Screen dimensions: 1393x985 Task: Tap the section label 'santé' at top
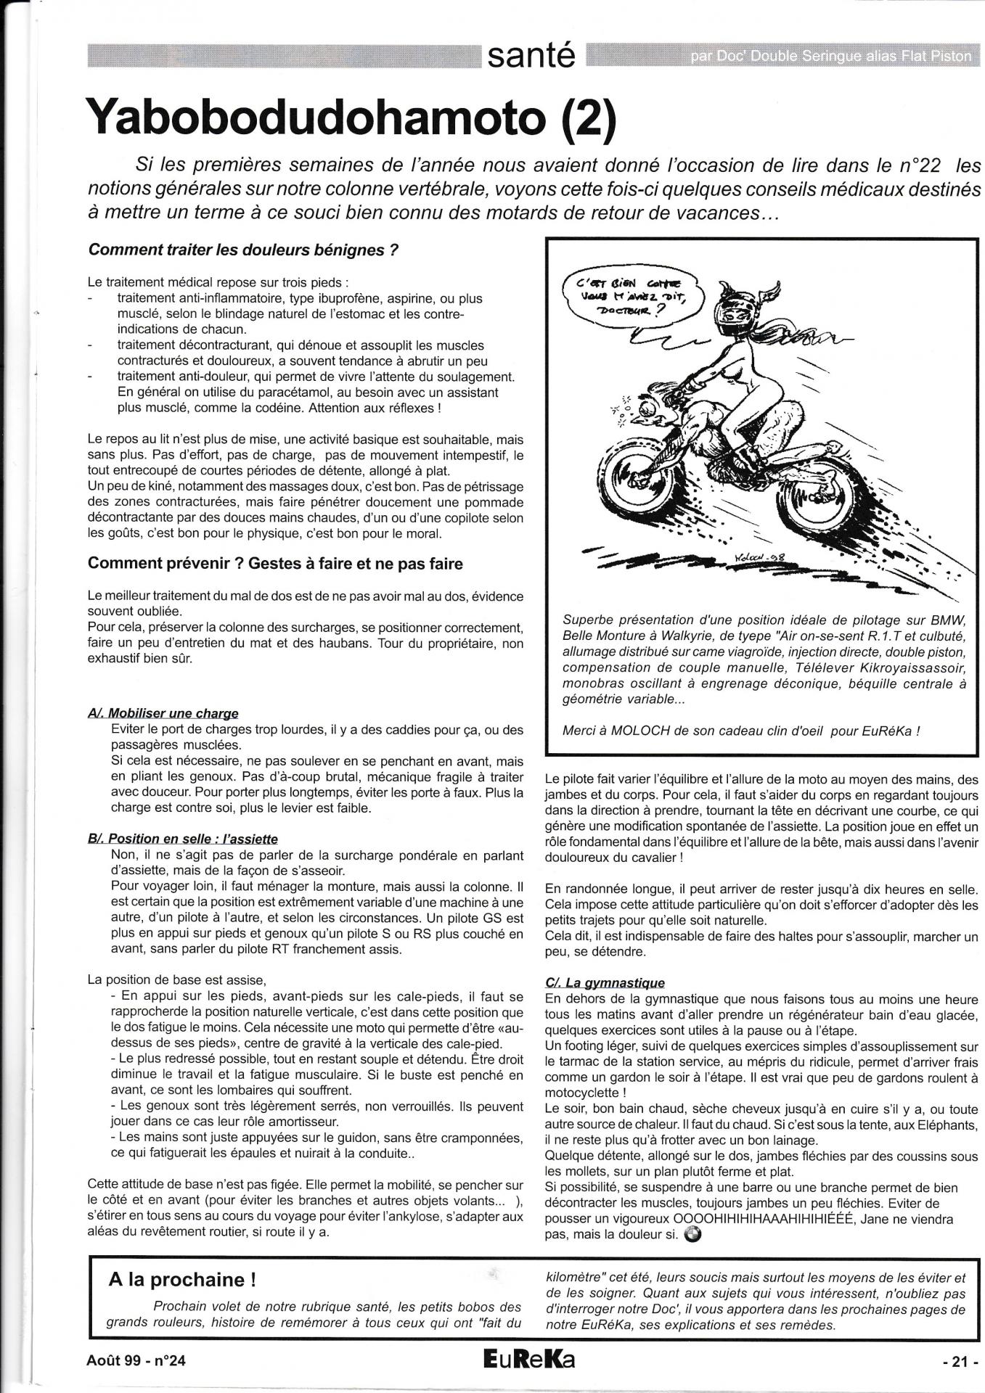click(531, 56)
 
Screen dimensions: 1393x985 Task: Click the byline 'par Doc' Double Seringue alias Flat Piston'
click(830, 57)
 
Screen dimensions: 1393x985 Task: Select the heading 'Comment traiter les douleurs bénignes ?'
click(243, 250)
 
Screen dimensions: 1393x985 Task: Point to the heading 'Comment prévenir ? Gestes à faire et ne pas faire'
click(275, 563)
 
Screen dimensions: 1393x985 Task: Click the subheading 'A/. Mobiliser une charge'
click(163, 713)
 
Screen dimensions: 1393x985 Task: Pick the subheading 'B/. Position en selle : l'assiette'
click(183, 839)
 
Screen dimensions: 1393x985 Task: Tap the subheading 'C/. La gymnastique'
click(605, 983)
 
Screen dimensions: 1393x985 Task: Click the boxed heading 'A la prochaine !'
click(181, 1279)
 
